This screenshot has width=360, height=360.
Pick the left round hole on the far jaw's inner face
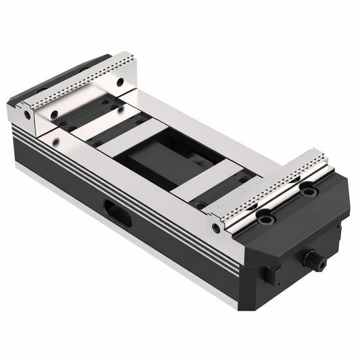tap(54, 114)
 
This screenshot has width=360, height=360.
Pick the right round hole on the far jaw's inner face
tap(120, 82)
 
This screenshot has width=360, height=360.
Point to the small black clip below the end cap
tap(270, 274)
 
